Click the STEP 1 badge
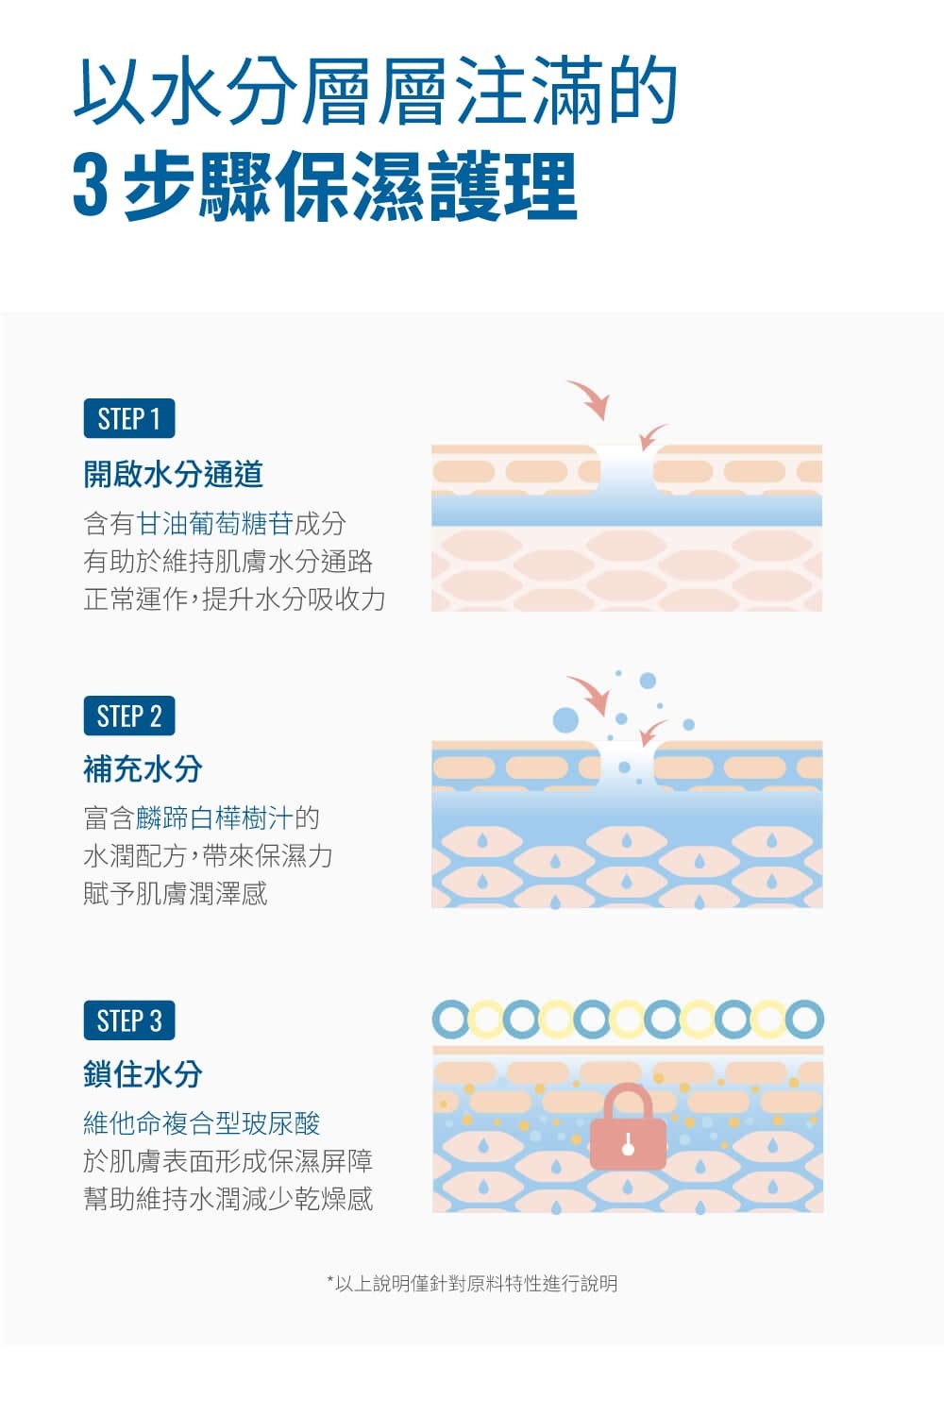point(129,418)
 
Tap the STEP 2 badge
point(129,716)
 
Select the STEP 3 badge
point(129,1020)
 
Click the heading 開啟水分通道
point(173,474)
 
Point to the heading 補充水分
point(143,769)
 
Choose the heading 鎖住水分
point(143,1074)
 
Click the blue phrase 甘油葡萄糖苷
point(214,524)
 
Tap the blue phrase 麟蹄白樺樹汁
point(214,818)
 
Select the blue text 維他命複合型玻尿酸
point(202,1123)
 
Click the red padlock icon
point(628,1129)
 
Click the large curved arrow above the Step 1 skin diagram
point(591,399)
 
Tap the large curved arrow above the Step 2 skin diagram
point(591,695)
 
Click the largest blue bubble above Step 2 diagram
point(565,720)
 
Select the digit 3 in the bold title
point(90,187)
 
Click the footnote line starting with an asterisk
point(472,1284)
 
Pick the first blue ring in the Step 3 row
point(450,1020)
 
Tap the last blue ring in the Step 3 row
point(805,1020)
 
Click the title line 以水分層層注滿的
point(376,93)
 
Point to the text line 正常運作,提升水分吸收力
point(234,599)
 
